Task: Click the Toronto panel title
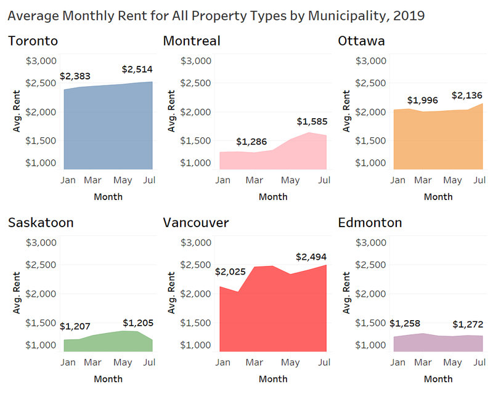(x=33, y=41)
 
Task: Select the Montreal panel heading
(x=192, y=41)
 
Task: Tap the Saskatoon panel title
(x=41, y=222)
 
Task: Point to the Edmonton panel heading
(x=370, y=222)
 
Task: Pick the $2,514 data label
(x=137, y=69)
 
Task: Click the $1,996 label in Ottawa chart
(x=423, y=100)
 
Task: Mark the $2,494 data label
(x=311, y=256)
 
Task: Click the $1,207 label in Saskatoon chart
(x=76, y=327)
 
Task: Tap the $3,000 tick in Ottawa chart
(x=372, y=60)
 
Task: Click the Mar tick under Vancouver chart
(x=250, y=362)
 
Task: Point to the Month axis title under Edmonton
(x=438, y=379)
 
